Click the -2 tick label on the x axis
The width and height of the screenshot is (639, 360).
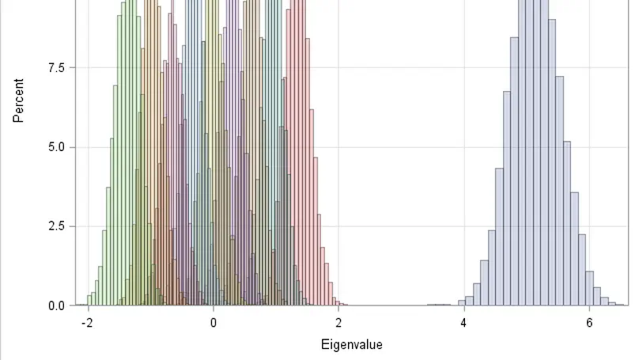pos(86,323)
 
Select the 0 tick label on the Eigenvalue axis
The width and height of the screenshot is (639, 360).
pos(213,323)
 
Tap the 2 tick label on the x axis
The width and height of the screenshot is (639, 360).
pos(338,323)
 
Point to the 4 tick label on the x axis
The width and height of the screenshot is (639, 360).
pos(463,323)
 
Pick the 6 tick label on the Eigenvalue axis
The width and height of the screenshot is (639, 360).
pos(589,323)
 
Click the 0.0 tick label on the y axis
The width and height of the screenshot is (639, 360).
pos(57,305)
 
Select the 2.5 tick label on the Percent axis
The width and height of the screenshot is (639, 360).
pos(57,226)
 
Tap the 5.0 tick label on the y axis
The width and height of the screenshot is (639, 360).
pos(57,147)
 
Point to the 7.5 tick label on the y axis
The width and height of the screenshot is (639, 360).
pos(57,68)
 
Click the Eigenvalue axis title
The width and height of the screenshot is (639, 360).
pos(351,345)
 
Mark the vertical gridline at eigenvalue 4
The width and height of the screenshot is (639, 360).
pos(463,119)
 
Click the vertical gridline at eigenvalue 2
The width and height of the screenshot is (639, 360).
pos(338,119)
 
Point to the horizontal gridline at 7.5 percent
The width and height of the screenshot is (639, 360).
pos(395,68)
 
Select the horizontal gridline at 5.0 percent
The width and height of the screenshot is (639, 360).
pos(395,147)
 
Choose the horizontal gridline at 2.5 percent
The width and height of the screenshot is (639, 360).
pos(395,226)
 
